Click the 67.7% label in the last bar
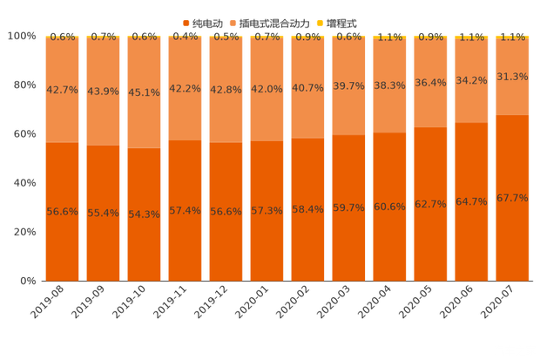pyautogui.click(x=512, y=198)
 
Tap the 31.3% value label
pyautogui.click(x=512, y=77)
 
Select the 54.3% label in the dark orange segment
pyautogui.click(x=145, y=214)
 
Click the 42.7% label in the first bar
pyautogui.click(x=63, y=91)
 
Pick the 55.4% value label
pyautogui.click(x=104, y=212)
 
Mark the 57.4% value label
pyautogui.click(x=186, y=210)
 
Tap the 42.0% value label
pyautogui.click(x=267, y=90)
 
